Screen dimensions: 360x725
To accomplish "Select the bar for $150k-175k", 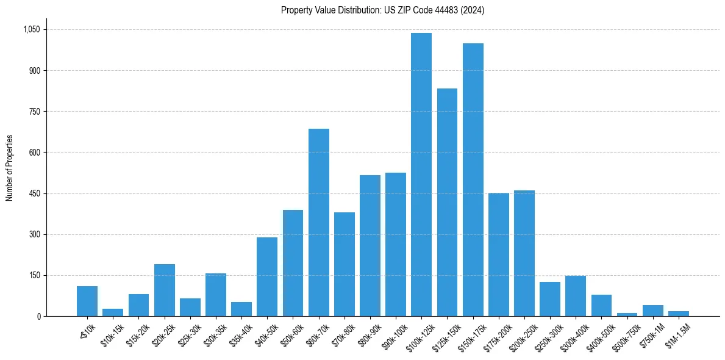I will (473, 180).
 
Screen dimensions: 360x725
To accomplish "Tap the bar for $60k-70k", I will (318, 223).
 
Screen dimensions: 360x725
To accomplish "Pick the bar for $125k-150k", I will (447, 203).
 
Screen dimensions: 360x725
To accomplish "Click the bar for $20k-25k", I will (165, 290).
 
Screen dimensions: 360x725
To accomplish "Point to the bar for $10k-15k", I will (113, 312).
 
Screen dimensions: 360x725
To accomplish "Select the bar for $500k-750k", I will (627, 314).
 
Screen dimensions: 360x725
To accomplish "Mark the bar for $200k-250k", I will (524, 253).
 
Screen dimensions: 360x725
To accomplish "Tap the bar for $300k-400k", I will (576, 296).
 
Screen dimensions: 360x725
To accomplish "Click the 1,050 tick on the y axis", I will (31, 29).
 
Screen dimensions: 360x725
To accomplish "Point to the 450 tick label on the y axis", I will (35, 193).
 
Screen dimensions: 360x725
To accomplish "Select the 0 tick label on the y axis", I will (38, 316).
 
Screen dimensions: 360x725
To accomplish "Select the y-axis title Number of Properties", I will (10, 168).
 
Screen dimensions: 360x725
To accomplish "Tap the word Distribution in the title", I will (343, 10).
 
